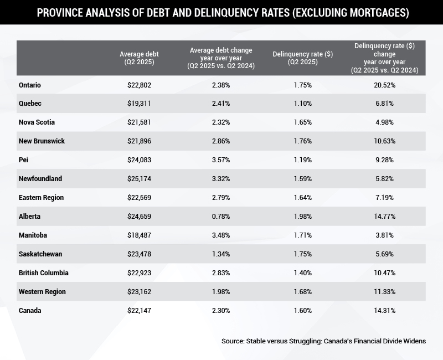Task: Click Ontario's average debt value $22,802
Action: point(139,85)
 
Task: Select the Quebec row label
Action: point(30,104)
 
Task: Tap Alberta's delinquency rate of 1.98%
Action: point(302,217)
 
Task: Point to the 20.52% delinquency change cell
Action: point(385,85)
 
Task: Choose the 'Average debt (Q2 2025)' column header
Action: point(139,58)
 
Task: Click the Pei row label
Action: point(24,160)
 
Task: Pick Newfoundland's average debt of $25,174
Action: point(139,179)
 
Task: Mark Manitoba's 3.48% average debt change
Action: point(221,235)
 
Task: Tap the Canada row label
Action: point(30,311)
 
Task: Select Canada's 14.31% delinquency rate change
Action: point(385,311)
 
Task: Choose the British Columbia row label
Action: point(44,273)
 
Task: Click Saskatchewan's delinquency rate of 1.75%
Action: point(302,254)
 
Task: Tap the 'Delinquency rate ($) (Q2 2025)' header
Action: point(302,58)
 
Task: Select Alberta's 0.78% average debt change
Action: point(221,217)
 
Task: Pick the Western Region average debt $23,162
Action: point(139,292)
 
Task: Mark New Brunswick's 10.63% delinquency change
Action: point(385,141)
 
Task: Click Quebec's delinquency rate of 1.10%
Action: point(302,104)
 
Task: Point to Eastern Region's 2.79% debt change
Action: point(221,198)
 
